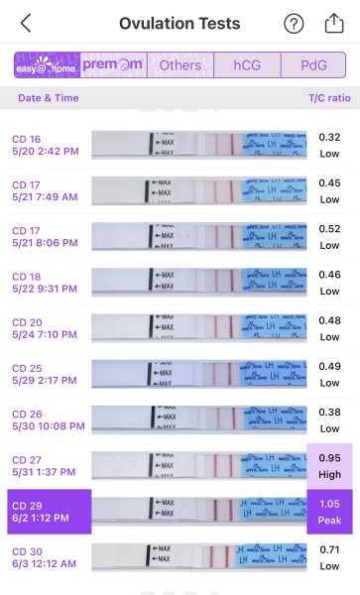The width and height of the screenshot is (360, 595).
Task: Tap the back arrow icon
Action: click(x=26, y=23)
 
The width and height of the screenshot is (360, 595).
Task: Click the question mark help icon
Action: click(x=294, y=24)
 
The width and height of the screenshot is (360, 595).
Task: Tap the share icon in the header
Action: click(x=334, y=23)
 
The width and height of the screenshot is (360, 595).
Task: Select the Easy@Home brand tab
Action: click(x=46, y=65)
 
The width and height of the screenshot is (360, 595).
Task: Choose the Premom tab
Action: click(x=113, y=65)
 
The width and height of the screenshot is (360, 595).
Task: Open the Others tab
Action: click(x=180, y=65)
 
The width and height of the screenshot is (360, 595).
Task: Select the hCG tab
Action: click(x=247, y=65)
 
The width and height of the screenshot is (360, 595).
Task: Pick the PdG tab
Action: click(x=313, y=65)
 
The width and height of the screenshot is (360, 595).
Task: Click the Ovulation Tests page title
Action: click(x=180, y=23)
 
